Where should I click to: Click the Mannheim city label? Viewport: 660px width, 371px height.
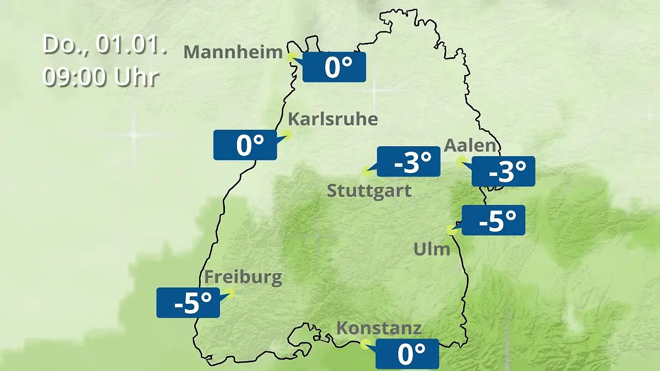[x=233, y=52]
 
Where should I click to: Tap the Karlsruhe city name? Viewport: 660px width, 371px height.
[x=333, y=119]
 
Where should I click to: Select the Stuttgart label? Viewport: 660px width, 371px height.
[x=369, y=191]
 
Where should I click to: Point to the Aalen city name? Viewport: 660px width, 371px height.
[x=470, y=146]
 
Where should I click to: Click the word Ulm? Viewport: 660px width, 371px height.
[x=432, y=249]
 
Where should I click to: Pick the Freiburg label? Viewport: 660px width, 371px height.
[x=243, y=278]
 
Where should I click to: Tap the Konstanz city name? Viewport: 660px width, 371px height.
[x=379, y=329]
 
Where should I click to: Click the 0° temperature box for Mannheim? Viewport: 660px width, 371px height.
[x=334, y=67]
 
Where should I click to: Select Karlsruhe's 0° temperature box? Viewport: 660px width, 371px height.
[x=245, y=145]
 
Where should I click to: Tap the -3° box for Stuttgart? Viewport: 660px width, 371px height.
[x=408, y=162]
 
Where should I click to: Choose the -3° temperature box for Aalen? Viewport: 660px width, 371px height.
[x=503, y=171]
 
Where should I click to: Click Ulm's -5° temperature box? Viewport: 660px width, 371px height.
[x=493, y=220]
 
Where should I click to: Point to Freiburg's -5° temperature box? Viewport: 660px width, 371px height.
[x=188, y=302]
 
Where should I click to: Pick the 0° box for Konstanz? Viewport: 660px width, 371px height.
[x=407, y=354]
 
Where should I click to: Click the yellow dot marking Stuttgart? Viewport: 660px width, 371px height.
[x=366, y=171]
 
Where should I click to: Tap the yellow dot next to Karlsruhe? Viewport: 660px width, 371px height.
[x=287, y=134]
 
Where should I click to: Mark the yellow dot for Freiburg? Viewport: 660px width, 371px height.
[x=230, y=293]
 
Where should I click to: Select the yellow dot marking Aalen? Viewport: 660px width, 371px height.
[x=461, y=160]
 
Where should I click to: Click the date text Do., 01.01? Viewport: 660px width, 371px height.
[x=105, y=44]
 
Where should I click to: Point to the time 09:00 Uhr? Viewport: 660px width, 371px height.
[x=101, y=77]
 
